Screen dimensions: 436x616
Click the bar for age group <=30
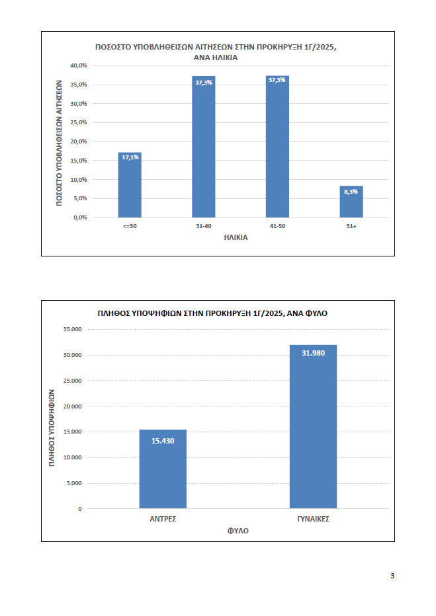130,185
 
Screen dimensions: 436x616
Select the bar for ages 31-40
204,147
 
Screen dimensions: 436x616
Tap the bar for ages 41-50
278,147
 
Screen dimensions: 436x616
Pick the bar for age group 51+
351,202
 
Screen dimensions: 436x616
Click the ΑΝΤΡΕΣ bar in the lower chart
163,469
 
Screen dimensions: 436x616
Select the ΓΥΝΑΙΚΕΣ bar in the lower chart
314,427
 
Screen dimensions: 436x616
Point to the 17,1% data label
130,157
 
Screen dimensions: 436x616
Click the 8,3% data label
351,192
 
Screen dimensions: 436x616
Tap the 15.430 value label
163,441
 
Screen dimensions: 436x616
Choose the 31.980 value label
314,353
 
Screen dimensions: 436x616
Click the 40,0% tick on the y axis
79,65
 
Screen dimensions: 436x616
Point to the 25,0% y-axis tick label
79,122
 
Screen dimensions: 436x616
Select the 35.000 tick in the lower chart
73,329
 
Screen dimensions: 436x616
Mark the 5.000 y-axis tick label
74,483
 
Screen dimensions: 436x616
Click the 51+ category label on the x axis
351,226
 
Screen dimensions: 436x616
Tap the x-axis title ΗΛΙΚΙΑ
236,238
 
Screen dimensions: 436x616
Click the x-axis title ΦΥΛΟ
238,531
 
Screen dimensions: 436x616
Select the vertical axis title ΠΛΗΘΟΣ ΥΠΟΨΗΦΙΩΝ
52,428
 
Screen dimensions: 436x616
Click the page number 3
392,576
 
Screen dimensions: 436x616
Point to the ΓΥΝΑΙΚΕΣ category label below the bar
314,519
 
